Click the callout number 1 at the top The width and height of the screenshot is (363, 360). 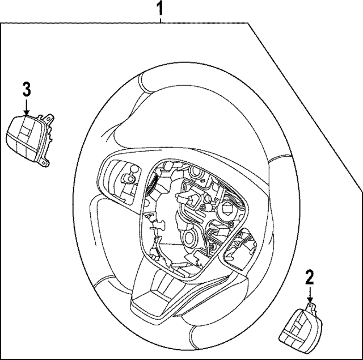[x=161, y=9]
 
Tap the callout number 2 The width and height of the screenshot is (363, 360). [x=310, y=278]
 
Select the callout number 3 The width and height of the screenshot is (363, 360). [x=27, y=89]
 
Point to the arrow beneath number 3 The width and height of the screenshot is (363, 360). [x=27, y=108]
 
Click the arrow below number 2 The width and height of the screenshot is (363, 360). [x=310, y=296]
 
